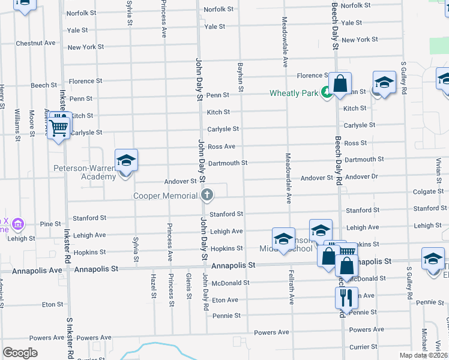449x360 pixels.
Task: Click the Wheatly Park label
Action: tap(294, 93)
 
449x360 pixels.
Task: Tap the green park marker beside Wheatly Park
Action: tap(326, 92)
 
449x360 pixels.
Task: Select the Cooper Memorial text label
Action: tap(166, 196)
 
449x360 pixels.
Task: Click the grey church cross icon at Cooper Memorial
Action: tap(207, 194)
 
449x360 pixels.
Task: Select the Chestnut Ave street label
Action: tap(35, 43)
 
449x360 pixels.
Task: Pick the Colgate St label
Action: tap(427, 192)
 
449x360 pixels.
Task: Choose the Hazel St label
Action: tap(154, 287)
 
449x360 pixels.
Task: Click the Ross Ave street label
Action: tap(221, 146)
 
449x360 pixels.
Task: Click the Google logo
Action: tap(20, 353)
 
